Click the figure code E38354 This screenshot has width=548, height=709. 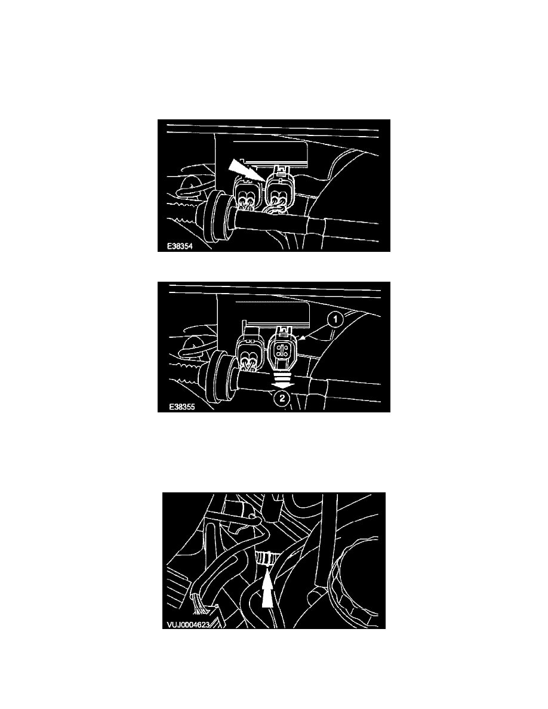coord(180,246)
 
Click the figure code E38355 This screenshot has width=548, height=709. coord(181,407)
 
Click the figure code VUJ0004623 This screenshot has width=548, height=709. coord(188,625)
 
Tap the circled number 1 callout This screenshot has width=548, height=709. coord(335,320)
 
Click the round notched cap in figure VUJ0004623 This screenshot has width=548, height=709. coord(359,582)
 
